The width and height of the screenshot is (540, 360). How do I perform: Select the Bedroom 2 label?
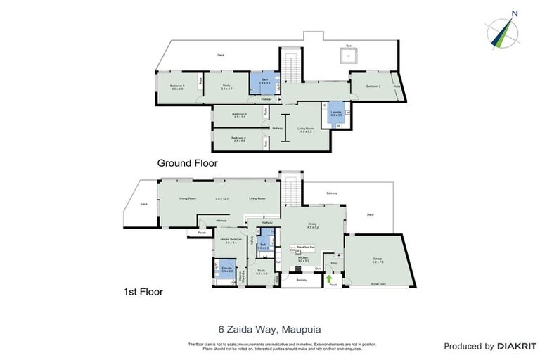click(x=373, y=86)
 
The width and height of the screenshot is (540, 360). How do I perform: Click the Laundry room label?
click(x=327, y=112)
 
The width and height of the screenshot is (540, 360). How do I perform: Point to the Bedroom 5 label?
click(x=177, y=87)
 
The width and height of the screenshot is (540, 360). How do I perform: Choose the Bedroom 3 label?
click(x=239, y=115)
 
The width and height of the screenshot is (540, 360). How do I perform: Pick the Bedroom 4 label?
click(x=239, y=139)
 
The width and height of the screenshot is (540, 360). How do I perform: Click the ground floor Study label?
click(x=226, y=87)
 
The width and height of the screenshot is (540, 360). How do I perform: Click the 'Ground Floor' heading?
click(x=187, y=162)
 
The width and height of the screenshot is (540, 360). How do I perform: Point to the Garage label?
click(x=378, y=259)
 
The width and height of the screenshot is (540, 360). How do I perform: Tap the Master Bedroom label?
click(x=231, y=240)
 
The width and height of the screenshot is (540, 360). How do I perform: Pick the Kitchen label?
click(x=303, y=259)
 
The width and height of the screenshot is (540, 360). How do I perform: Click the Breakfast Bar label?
click(x=304, y=247)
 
